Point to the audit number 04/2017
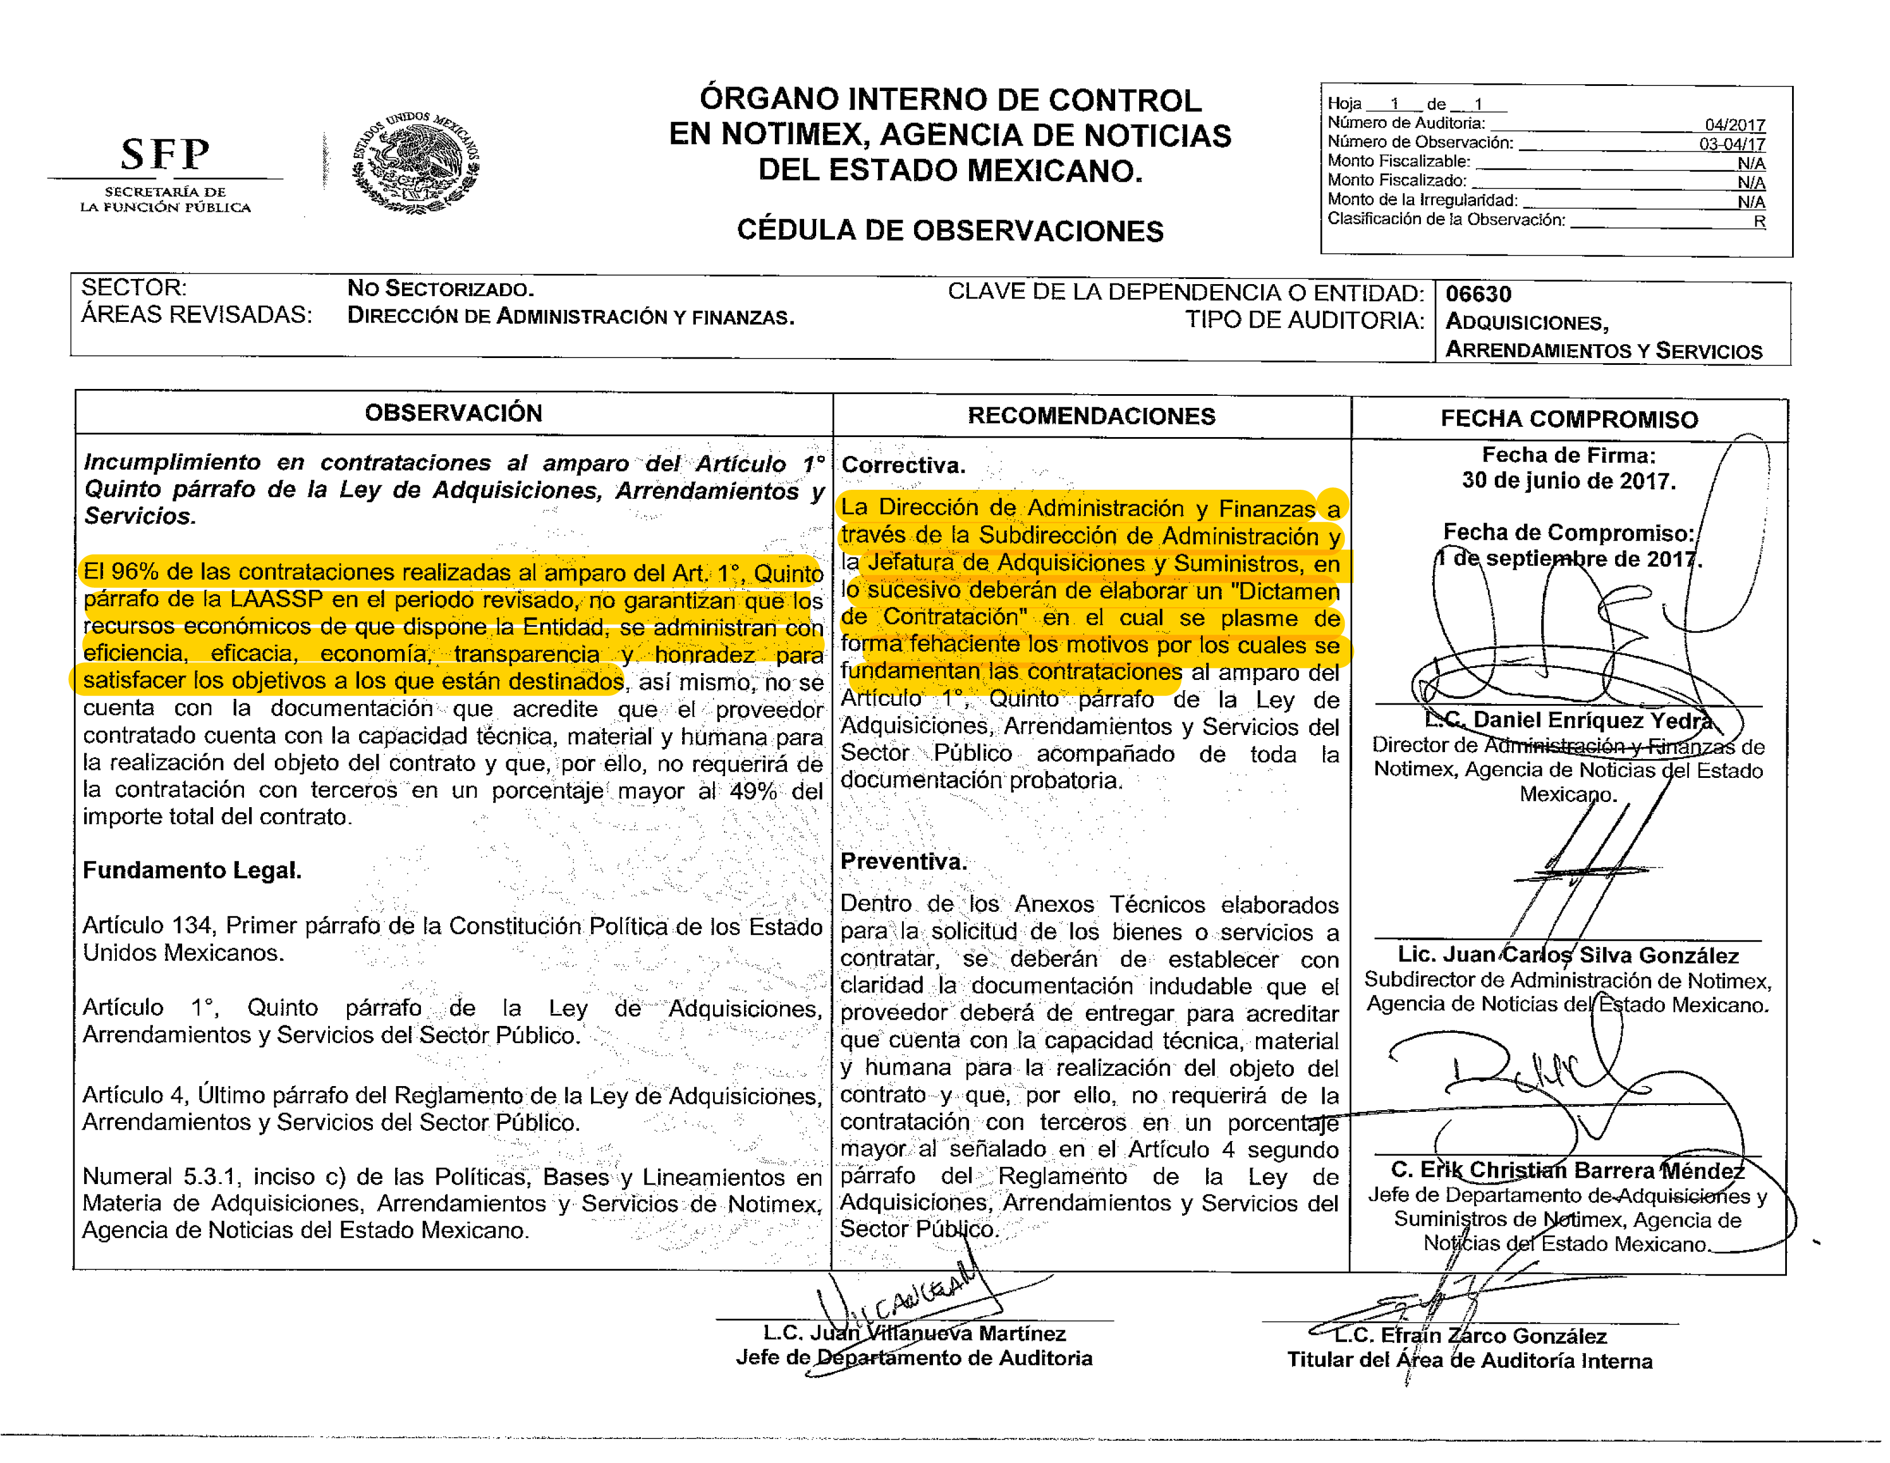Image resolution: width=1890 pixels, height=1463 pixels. (1734, 125)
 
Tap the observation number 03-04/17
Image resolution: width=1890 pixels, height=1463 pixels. (1731, 144)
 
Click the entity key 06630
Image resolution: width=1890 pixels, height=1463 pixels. (1478, 294)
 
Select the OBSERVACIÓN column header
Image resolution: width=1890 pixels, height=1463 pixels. (454, 413)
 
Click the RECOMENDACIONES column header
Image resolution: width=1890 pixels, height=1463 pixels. (1090, 416)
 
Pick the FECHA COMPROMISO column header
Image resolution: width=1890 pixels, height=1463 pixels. (1568, 420)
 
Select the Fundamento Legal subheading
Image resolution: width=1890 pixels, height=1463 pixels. (192, 870)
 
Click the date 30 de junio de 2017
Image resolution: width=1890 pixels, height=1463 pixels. (1568, 481)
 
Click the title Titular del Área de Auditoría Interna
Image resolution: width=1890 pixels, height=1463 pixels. (1468, 1361)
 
